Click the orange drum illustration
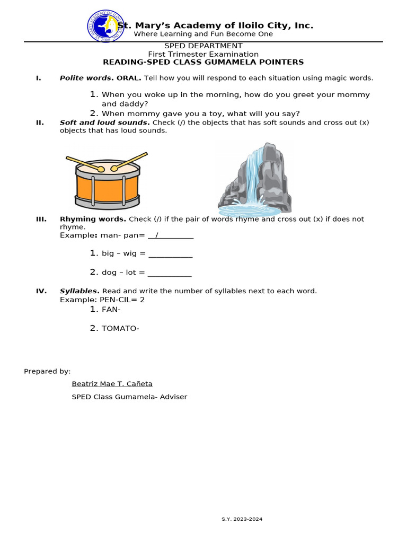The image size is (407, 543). click(x=108, y=182)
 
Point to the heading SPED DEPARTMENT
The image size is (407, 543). click(x=203, y=46)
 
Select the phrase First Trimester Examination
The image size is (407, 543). click(x=203, y=54)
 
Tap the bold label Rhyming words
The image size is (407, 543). click(x=93, y=219)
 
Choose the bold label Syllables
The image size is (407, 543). click(x=79, y=291)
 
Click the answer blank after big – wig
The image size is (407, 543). click(x=170, y=254)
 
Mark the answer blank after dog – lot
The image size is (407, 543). click(x=169, y=273)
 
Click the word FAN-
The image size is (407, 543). click(x=111, y=310)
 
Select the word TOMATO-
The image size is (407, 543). click(x=120, y=329)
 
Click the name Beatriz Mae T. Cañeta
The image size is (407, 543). click(x=112, y=384)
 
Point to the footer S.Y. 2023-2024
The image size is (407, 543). click(x=242, y=519)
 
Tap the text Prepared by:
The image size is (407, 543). click(x=47, y=371)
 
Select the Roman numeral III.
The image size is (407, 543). click(x=41, y=219)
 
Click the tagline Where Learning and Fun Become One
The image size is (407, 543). click(x=203, y=34)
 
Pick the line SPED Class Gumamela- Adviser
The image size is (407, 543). click(x=129, y=397)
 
